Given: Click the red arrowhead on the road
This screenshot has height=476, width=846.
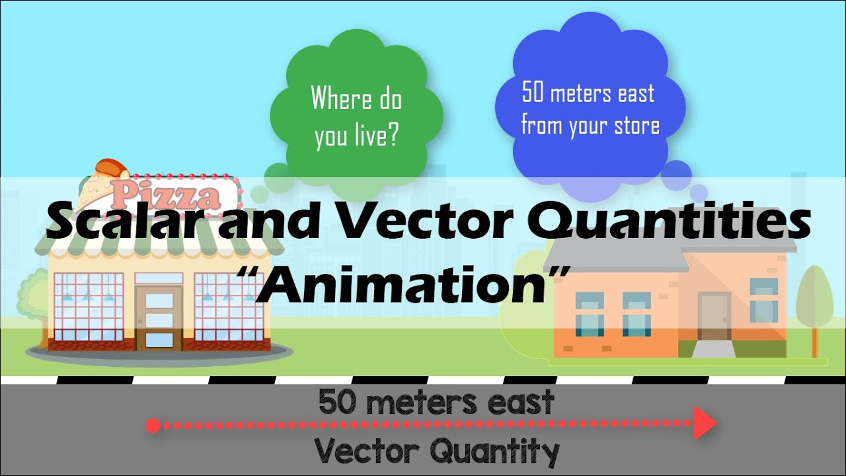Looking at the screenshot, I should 705,423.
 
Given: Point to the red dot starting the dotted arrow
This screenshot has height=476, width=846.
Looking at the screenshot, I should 153,426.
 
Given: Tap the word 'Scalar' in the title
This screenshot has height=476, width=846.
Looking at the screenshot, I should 126,222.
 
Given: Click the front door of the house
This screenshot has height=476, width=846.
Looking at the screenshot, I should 714,316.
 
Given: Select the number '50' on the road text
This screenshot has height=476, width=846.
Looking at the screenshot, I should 336,403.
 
